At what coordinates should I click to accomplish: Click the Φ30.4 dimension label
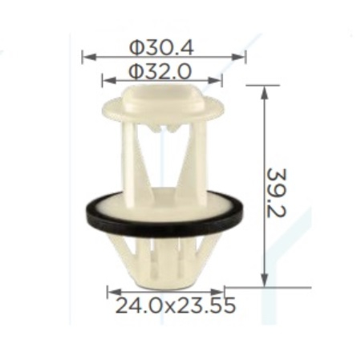(161, 48)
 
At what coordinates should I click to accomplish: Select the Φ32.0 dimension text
(160, 71)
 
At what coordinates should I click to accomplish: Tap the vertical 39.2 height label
(277, 192)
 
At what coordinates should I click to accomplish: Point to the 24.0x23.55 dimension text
(176, 305)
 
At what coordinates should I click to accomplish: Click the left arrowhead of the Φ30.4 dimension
(89, 57)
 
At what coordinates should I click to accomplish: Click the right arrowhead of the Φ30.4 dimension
(238, 57)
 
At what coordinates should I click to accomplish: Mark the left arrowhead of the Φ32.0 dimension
(109, 80)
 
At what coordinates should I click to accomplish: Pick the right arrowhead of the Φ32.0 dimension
(215, 80)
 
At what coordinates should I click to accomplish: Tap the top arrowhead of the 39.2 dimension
(265, 93)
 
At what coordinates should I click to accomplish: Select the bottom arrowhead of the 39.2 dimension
(265, 280)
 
